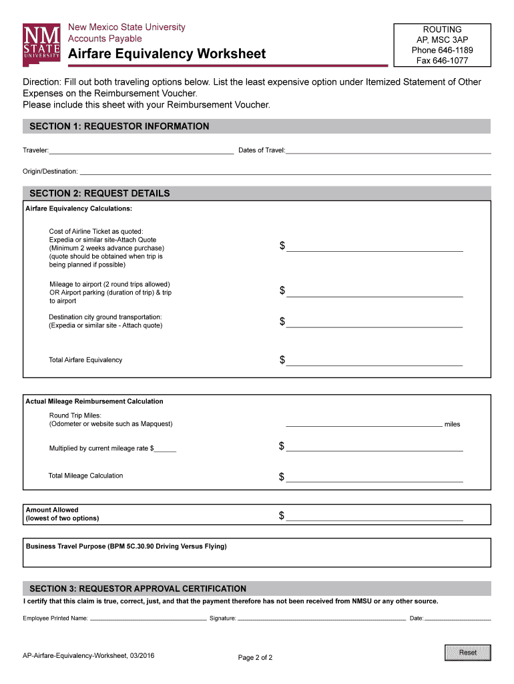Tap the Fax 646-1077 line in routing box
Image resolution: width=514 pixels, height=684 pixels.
pos(441,60)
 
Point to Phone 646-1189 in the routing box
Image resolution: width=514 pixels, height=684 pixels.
pos(441,50)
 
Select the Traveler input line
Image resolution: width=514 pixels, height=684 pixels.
pos(142,150)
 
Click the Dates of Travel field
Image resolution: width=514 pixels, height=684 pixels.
pos(389,150)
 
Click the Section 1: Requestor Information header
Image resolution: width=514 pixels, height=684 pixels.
pos(119,126)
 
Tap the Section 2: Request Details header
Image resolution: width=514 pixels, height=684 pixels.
pos(99,193)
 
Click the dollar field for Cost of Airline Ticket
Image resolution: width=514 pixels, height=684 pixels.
pos(374,246)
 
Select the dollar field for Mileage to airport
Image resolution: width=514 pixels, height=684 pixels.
pos(374,291)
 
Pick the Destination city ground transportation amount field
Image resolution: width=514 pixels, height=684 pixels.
pos(374,323)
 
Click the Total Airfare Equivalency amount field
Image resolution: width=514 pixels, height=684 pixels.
pos(374,361)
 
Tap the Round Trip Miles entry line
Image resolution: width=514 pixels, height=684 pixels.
pos(364,423)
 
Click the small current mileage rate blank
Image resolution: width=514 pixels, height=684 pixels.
pos(166,448)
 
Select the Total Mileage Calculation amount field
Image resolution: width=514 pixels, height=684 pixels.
pos(374,477)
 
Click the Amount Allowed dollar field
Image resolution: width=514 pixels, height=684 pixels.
pos(374,516)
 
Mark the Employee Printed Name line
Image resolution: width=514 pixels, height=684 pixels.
pos(148,618)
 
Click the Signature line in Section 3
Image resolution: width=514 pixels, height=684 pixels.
pos(322,618)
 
